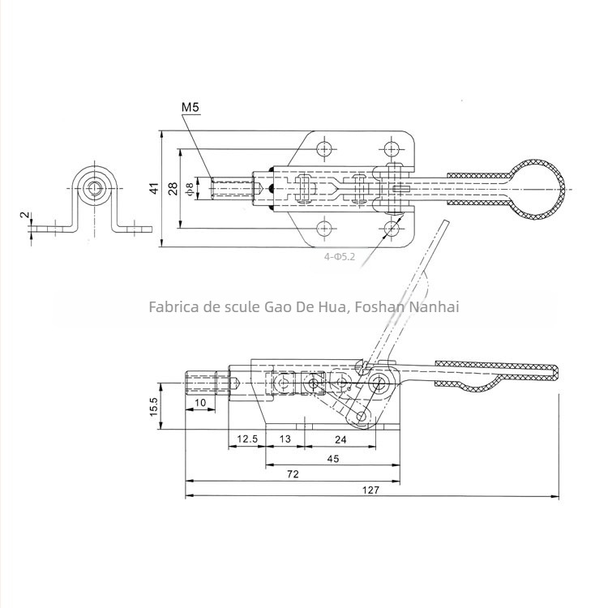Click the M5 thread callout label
click(191, 107)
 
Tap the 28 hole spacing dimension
click(172, 188)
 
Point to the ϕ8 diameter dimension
click(190, 188)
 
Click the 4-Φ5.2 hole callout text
click(339, 256)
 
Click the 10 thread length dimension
click(199, 402)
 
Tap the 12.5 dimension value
click(246, 439)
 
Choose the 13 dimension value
click(285, 439)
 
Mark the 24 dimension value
click(340, 439)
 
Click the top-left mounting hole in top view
click(324, 149)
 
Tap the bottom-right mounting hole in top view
click(393, 227)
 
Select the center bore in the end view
click(96, 189)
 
